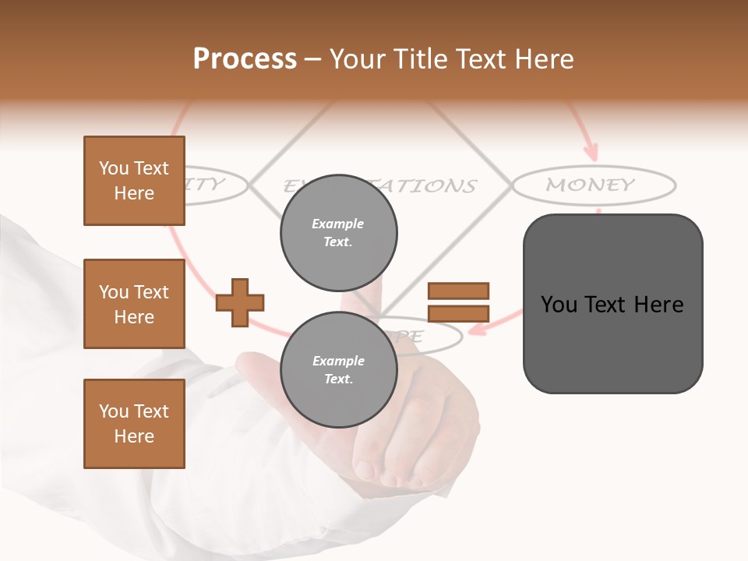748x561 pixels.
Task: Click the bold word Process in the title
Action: [245, 59]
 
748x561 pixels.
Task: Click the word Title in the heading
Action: [418, 59]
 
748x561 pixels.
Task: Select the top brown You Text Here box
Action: [134, 181]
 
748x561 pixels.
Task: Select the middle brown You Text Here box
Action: [134, 304]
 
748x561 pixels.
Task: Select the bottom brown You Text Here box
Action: [134, 424]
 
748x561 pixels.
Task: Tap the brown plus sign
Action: [240, 302]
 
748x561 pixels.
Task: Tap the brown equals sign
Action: [458, 302]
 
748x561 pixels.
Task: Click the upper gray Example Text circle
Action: [338, 233]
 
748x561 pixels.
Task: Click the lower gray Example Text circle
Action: [338, 370]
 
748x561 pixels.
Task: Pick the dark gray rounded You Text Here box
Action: [612, 304]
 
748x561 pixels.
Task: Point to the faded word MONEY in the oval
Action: [591, 185]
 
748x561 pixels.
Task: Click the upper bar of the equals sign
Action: [458, 291]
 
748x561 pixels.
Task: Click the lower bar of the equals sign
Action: [458, 313]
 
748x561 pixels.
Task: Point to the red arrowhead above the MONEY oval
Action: [591, 150]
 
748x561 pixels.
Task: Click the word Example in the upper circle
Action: [338, 224]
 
